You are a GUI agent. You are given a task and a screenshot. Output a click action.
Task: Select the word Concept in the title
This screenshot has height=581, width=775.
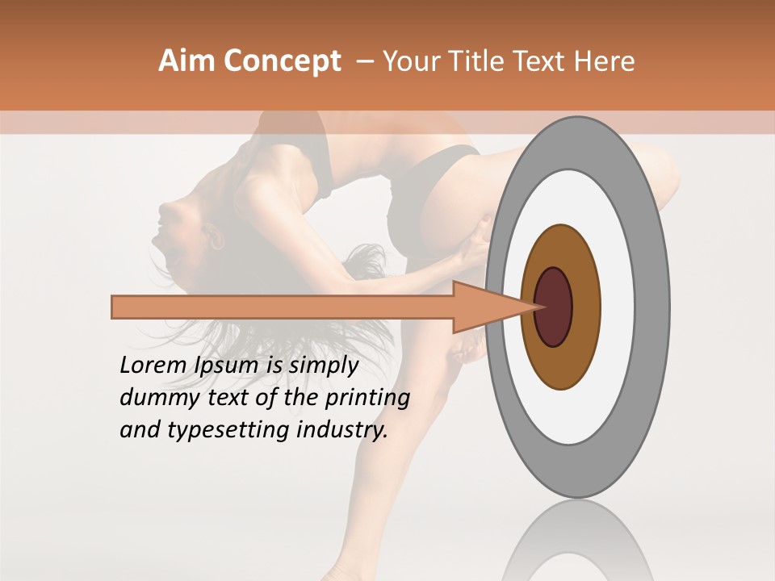point(283,61)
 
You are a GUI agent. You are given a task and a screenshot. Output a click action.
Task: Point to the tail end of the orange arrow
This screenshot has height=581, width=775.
point(117,307)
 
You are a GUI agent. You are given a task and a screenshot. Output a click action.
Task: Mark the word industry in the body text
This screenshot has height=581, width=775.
point(342,430)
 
